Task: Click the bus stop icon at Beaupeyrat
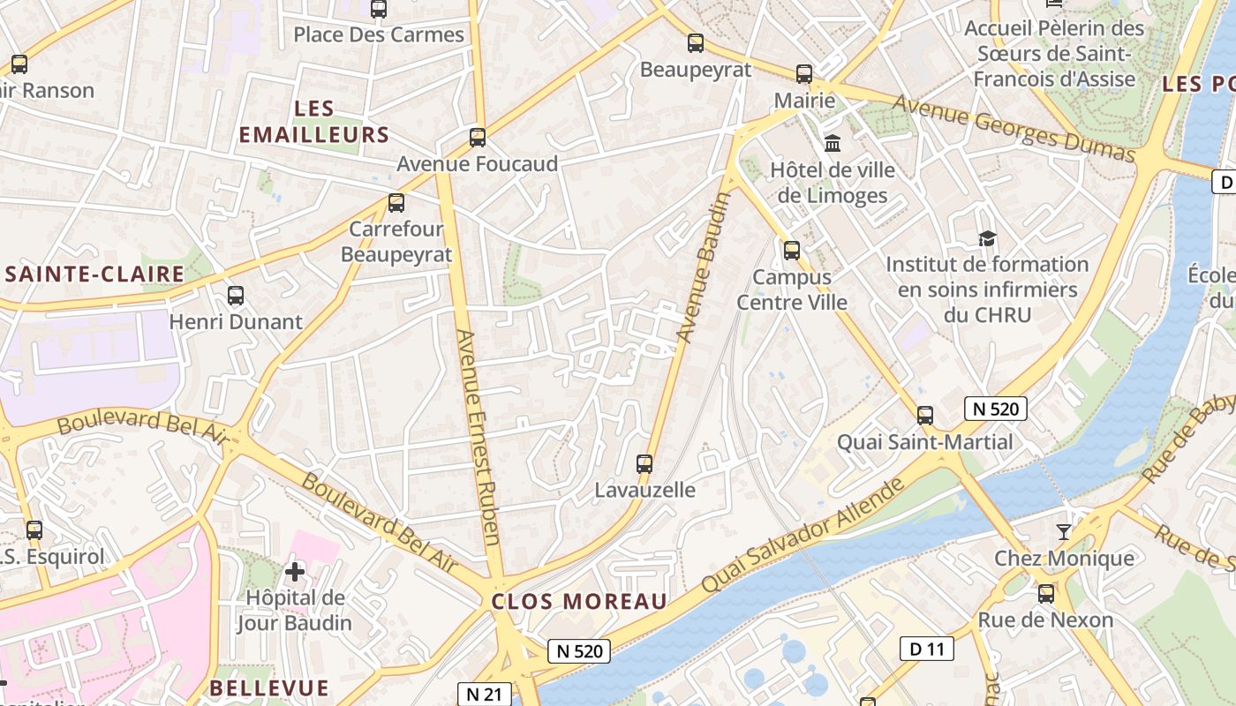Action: (696, 43)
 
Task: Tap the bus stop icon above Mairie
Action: (803, 74)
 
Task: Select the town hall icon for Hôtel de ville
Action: (832, 143)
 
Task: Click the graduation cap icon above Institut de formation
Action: (987, 238)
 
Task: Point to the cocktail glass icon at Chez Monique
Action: (1064, 531)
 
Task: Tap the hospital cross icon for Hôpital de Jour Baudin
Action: (295, 572)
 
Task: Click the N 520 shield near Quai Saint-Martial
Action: (996, 409)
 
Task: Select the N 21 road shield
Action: (484, 695)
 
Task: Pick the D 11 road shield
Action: (927, 650)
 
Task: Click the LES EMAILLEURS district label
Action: (314, 122)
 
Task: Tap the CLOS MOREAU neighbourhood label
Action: (579, 602)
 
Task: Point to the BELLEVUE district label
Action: (269, 688)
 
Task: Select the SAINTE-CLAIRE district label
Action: (95, 274)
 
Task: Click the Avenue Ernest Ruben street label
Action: (479, 437)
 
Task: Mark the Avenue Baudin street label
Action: (704, 267)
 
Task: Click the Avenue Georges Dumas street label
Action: (1014, 129)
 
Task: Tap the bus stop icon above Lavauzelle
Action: (644, 463)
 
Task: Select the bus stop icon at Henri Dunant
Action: (236, 296)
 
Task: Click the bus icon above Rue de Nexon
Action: (1046, 594)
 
